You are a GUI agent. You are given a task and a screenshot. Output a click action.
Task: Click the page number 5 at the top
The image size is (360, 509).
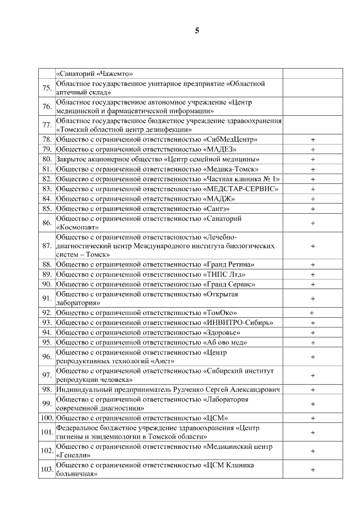[196, 30]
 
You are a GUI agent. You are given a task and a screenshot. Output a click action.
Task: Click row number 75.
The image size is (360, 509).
[47, 88]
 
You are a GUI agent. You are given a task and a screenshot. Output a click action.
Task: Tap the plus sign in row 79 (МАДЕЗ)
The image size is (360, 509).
[313, 149]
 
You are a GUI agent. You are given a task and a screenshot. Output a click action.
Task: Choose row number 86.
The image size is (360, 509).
[47, 223]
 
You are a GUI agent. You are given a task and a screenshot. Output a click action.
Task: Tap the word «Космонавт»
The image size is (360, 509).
[78, 228]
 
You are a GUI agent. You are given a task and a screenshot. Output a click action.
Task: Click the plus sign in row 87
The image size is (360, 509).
[313, 246]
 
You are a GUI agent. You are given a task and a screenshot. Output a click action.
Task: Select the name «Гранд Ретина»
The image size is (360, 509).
[228, 264]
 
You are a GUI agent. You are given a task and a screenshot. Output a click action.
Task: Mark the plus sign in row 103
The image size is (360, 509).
[313, 470]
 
